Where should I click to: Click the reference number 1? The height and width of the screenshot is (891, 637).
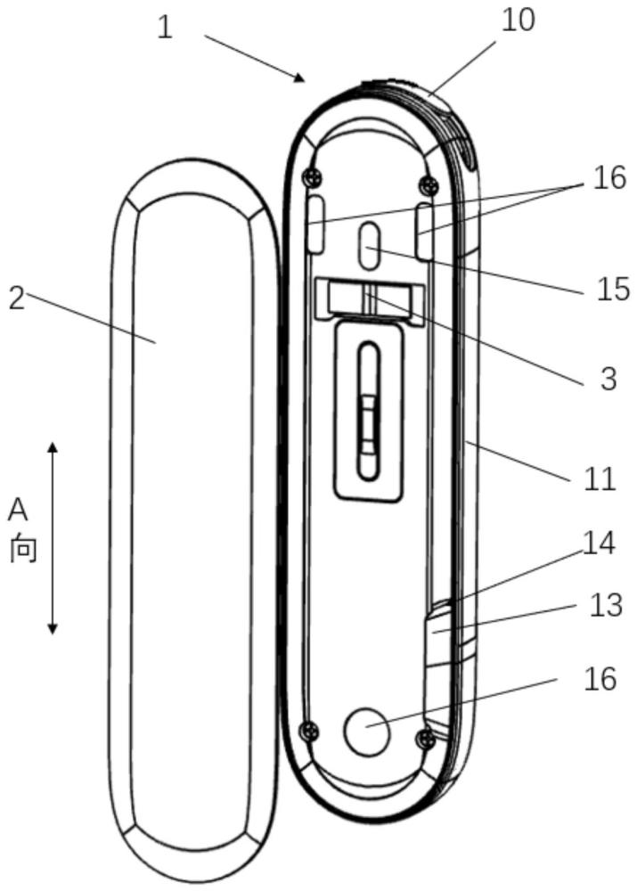point(165,27)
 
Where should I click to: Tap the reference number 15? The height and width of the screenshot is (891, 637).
point(613,289)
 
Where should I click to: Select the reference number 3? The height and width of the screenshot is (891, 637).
point(608,378)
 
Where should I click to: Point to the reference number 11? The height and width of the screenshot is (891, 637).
point(600,478)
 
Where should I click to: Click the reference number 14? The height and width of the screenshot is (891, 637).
point(599,543)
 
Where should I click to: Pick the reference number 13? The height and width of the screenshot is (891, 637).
point(606,605)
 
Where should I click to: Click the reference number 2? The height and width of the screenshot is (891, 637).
point(17,298)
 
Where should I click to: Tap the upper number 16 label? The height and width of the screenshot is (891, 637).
point(609,178)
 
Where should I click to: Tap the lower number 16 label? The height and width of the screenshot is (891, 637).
point(600,678)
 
